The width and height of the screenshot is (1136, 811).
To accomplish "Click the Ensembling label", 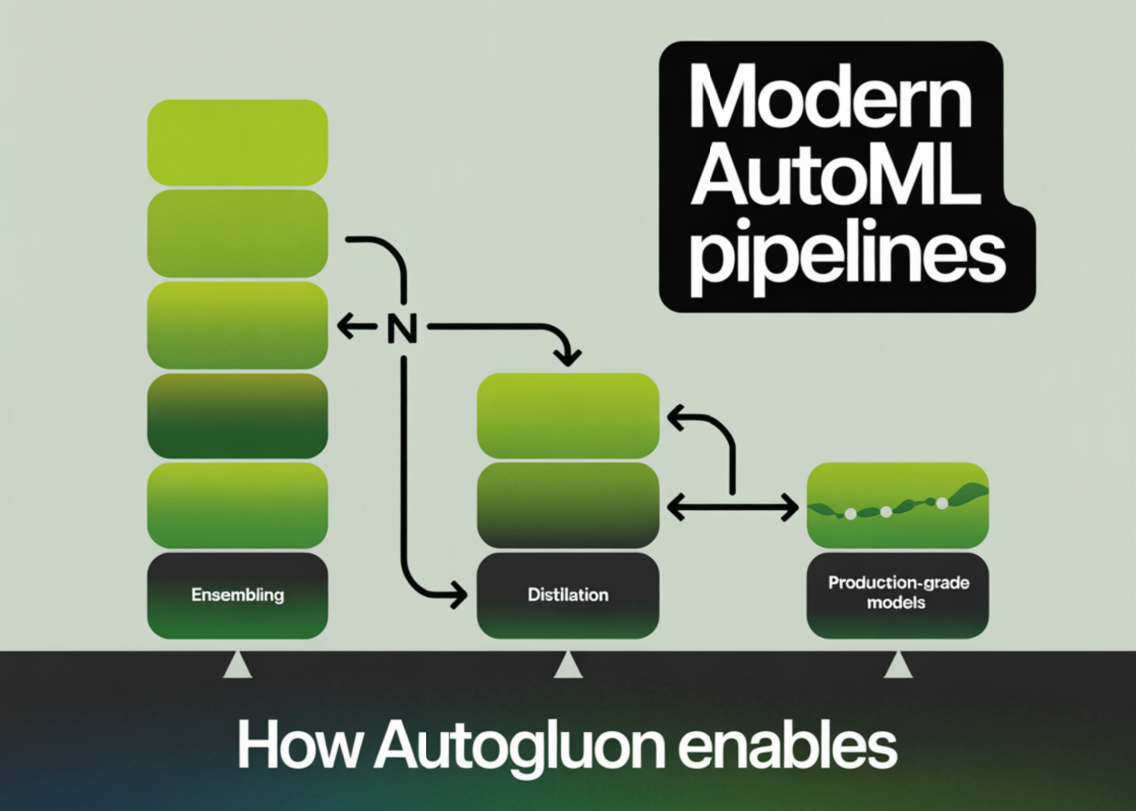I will [237, 595].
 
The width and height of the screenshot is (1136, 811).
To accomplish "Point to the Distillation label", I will [568, 595].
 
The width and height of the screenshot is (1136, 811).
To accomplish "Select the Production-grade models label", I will [897, 592].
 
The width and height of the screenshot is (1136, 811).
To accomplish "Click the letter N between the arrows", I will [399, 326].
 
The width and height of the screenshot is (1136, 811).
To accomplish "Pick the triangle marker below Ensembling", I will [237, 666].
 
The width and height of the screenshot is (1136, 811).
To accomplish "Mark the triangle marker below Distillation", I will [568, 666].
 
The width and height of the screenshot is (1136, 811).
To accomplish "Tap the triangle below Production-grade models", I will [897, 666].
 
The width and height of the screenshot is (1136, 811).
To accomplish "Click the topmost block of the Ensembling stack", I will [237, 142].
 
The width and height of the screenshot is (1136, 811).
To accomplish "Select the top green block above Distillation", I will [568, 413].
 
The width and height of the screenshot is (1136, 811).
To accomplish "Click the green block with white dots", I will [897, 504].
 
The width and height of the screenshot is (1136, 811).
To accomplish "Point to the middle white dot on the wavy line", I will [885, 512].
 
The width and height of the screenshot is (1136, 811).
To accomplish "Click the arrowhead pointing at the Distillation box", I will [458, 595].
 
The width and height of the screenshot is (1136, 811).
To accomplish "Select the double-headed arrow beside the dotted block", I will [732, 508].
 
